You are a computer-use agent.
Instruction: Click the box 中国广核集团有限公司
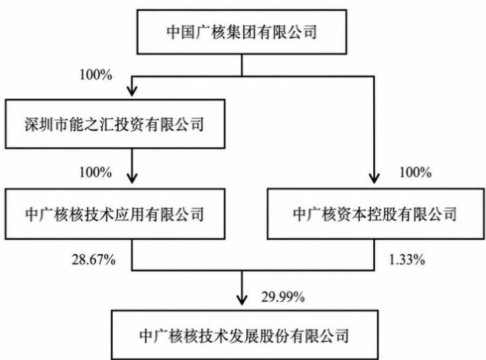[x=242, y=32]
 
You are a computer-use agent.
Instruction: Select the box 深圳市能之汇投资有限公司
[x=115, y=124]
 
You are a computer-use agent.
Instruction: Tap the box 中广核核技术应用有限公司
[x=115, y=214]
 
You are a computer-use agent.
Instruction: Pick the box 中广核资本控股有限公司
[x=376, y=214]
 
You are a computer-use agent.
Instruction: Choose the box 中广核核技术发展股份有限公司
[x=245, y=335]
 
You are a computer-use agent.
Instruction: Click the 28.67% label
[x=94, y=259]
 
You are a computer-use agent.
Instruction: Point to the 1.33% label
[x=407, y=259]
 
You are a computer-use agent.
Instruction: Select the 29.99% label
[x=283, y=297]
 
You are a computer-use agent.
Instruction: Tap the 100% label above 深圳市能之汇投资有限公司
[x=96, y=75]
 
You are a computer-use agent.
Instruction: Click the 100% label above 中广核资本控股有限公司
[x=416, y=173]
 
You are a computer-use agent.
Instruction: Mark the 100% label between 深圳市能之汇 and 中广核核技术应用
[x=96, y=172]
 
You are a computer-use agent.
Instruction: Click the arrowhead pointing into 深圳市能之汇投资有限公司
[x=132, y=91]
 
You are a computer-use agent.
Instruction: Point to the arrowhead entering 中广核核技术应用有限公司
[x=132, y=178]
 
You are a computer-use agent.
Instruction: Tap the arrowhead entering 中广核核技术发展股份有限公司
[x=242, y=300]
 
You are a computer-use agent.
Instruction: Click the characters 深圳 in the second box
[x=39, y=124]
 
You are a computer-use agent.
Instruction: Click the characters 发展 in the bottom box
[x=244, y=336]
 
